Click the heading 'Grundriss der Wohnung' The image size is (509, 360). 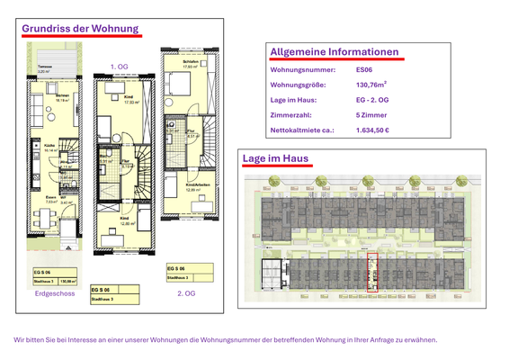(80, 29)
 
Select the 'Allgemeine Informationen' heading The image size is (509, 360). (334, 51)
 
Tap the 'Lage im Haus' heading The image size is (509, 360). (276, 159)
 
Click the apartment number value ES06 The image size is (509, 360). (364, 69)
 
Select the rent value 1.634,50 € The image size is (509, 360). (373, 130)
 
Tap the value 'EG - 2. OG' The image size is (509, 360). (374, 100)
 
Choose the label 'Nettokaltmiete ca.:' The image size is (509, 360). (302, 130)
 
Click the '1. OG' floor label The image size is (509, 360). (119, 67)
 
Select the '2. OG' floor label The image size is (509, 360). (186, 293)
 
